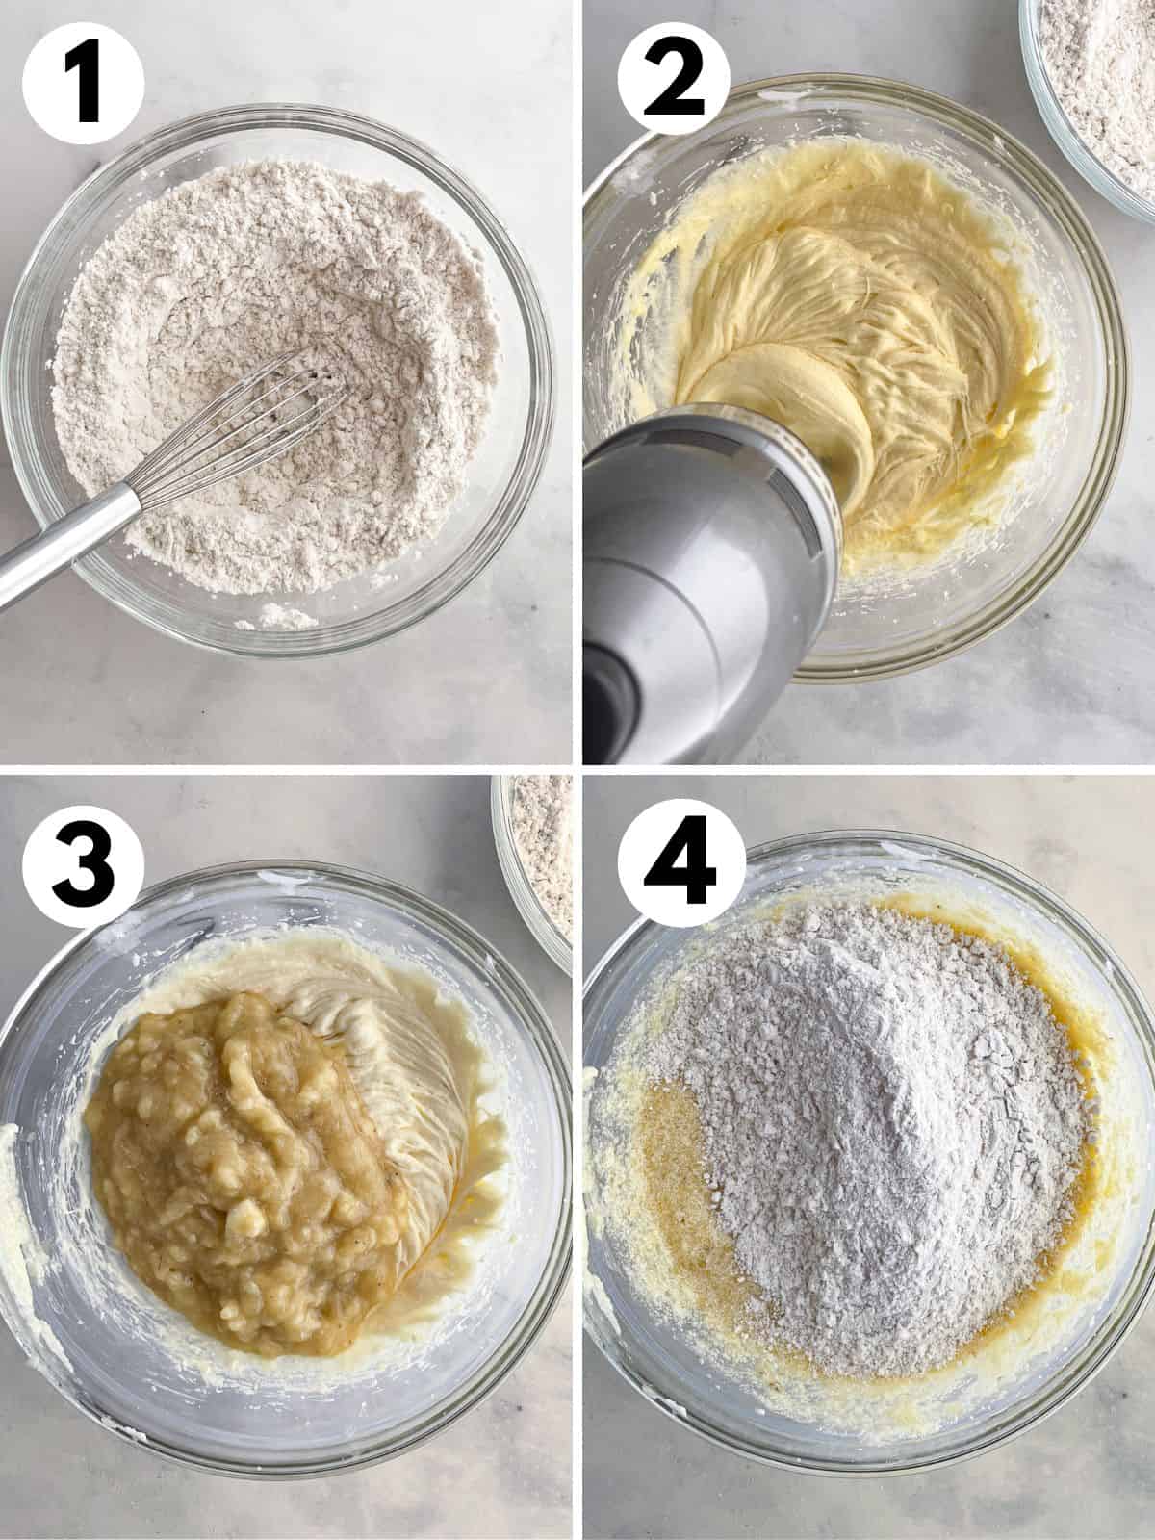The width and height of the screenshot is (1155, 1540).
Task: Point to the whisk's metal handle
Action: pyautogui.click(x=77, y=549)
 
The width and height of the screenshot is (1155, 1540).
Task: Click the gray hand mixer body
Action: pyautogui.click(x=712, y=539)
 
